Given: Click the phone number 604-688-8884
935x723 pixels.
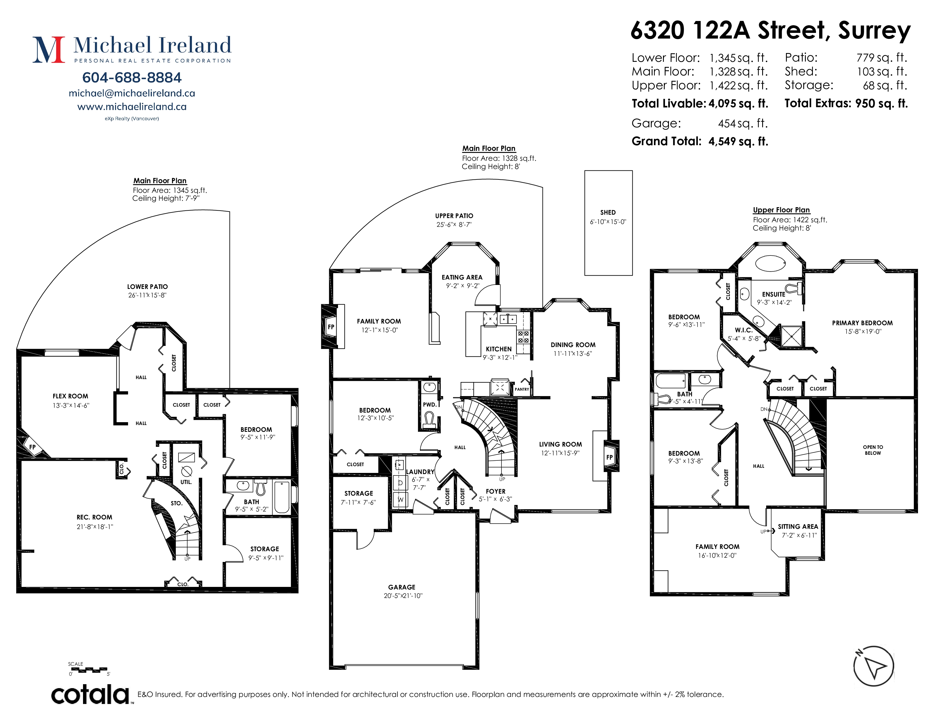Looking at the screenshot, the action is (132, 77).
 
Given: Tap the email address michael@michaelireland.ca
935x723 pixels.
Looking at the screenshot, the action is (132, 93).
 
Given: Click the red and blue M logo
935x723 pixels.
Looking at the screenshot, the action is (49, 50).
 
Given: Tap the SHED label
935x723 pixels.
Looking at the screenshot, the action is (608, 212).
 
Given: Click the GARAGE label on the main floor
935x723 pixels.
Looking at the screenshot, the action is (401, 587).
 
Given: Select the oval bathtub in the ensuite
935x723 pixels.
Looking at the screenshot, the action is (770, 263).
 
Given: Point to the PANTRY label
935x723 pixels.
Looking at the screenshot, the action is (522, 389).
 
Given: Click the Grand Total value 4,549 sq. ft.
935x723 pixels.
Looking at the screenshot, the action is (738, 141).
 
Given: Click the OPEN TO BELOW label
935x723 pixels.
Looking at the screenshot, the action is (873, 450).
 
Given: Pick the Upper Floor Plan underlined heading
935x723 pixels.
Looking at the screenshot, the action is (781, 210).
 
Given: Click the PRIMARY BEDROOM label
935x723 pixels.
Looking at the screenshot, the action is (862, 323).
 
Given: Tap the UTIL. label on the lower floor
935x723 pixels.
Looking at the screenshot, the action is (186, 482).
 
